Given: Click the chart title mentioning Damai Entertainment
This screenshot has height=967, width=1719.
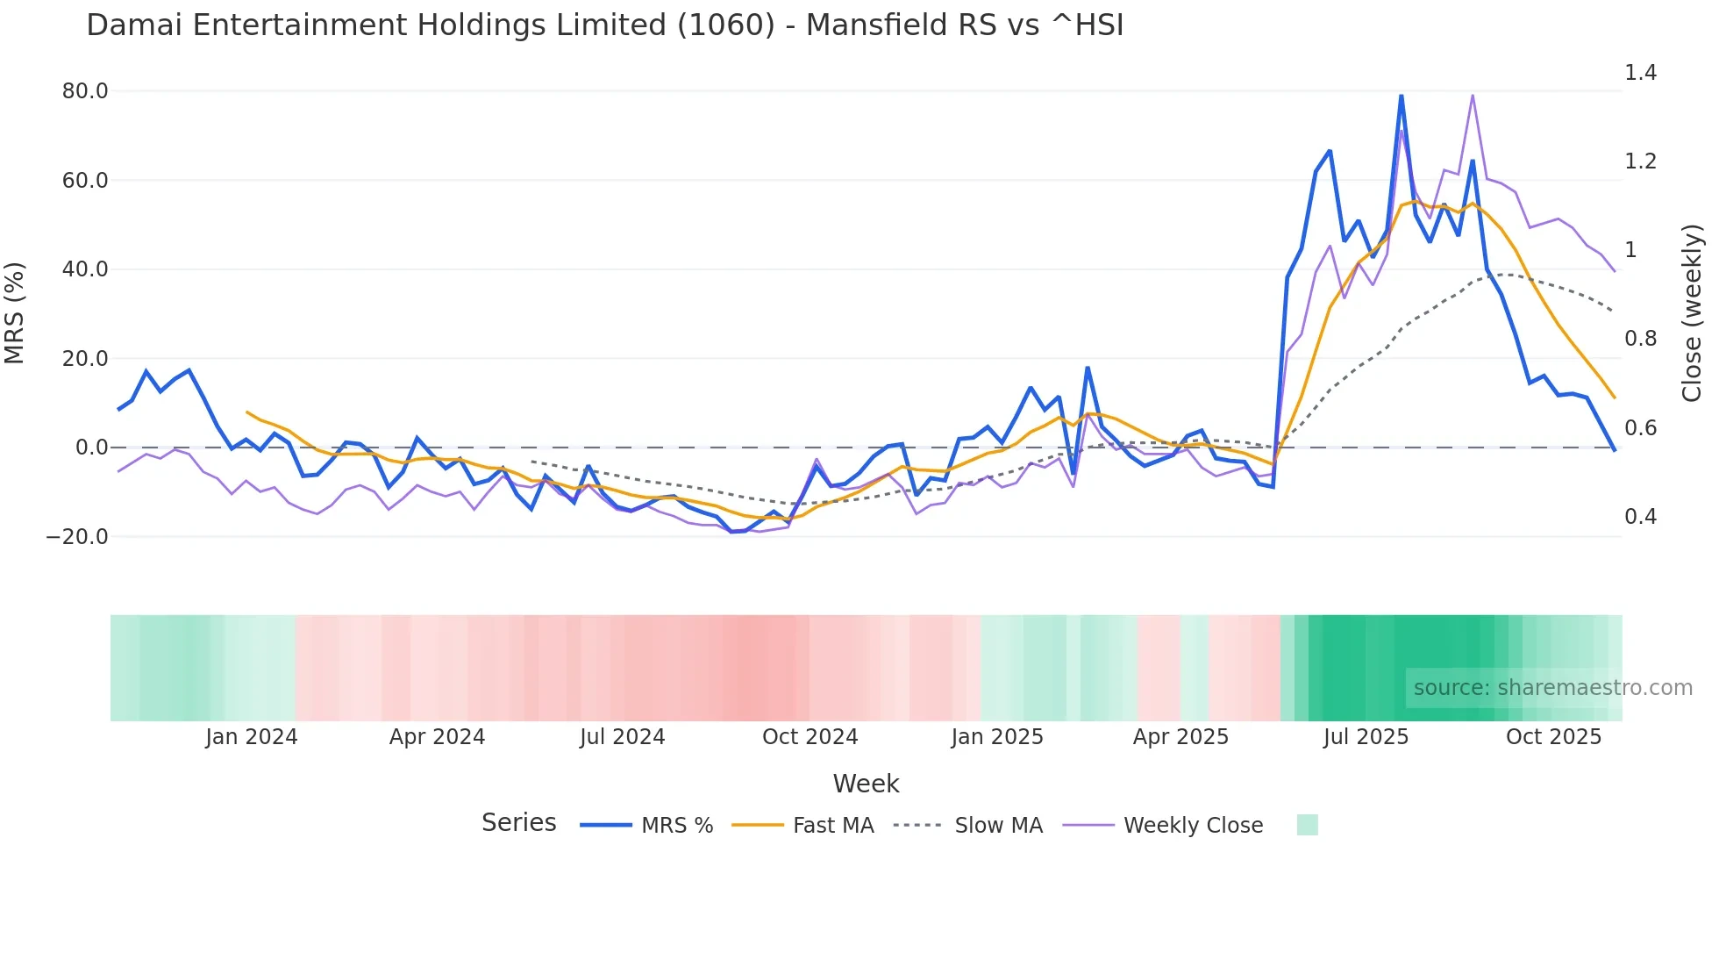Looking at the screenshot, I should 604,25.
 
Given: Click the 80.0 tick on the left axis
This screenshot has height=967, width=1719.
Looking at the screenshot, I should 85,91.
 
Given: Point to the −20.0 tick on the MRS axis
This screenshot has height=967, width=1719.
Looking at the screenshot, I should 77,537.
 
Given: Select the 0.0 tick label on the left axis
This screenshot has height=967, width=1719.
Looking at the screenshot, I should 91,448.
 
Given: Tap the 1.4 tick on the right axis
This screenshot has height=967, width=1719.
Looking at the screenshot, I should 1640,73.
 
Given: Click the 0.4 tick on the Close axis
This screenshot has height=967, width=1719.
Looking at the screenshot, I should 1640,517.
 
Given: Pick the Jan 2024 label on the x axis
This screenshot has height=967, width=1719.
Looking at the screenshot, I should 252,737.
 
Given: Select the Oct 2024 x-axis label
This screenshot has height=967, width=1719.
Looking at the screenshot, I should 810,737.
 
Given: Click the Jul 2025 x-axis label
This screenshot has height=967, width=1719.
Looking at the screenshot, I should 1366,737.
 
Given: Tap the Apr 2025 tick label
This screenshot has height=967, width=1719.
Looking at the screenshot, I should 1180,737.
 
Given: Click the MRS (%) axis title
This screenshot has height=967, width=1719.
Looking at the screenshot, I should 15,313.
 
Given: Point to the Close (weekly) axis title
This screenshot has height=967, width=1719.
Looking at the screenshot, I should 1692,313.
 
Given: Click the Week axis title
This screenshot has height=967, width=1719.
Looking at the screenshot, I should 866,784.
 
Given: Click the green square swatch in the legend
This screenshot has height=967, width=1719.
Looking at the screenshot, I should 1307,825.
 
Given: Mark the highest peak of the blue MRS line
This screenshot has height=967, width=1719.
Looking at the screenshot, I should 1401,96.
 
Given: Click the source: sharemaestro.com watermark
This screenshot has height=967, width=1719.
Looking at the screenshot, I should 1552,688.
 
